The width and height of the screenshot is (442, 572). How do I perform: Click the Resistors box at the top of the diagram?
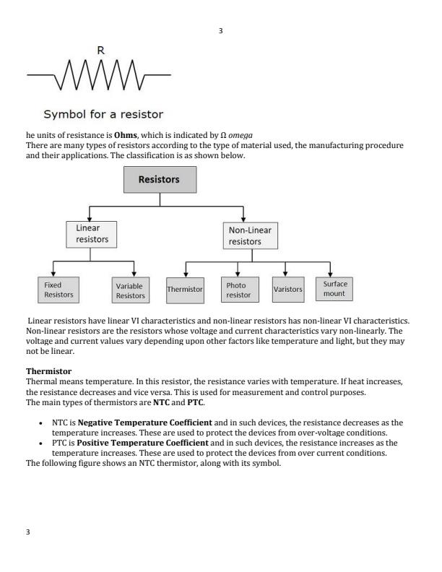159,179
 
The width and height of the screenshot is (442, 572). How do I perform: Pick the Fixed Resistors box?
58,290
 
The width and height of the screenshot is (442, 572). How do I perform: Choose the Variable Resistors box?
130,290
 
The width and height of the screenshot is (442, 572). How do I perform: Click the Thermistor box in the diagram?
185,289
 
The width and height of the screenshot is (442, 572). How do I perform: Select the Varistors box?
288,289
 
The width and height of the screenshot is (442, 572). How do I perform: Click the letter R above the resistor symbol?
100,51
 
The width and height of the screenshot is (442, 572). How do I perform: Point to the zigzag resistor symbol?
99,75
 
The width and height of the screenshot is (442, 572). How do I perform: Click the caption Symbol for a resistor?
103,114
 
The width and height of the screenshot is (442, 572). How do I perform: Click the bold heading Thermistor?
48,370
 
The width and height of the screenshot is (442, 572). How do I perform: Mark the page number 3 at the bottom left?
28,532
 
